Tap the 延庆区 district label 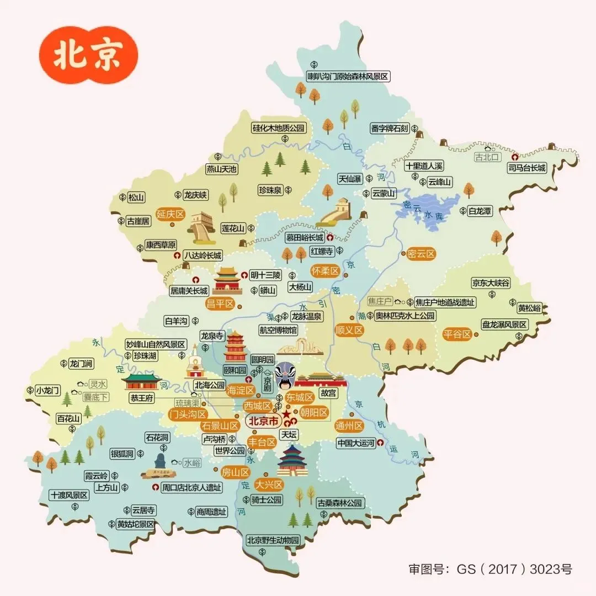[170, 215]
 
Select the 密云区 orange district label [421, 254]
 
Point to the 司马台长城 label [527, 168]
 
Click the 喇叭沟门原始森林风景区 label [348, 77]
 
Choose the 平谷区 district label [457, 334]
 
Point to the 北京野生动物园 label [273, 540]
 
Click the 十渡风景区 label [69, 495]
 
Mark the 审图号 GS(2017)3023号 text [490, 569]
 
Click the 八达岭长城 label [203, 256]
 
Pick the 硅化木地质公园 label [278, 128]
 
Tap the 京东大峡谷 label [491, 283]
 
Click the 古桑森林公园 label [340, 503]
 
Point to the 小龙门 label [47, 390]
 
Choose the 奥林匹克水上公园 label [405, 316]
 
